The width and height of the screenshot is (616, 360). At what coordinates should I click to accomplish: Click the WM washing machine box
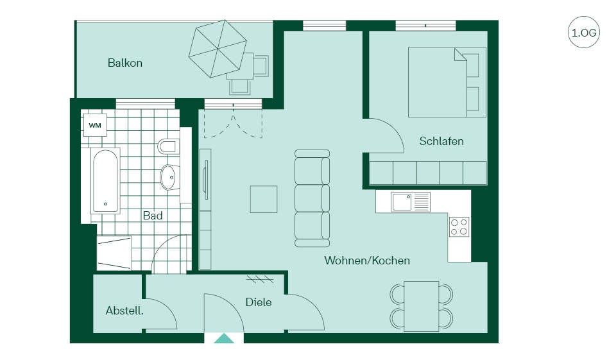(x=95, y=125)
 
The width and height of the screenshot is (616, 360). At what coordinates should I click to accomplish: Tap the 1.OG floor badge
(x=584, y=32)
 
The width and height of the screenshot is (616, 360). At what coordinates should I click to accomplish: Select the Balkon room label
(x=125, y=63)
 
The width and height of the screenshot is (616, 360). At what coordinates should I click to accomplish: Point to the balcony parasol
(x=218, y=49)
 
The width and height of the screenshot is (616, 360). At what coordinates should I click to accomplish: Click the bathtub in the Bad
(x=105, y=181)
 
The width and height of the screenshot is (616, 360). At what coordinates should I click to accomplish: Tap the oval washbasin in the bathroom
(x=169, y=177)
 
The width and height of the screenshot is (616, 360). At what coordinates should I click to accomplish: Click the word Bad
(x=153, y=216)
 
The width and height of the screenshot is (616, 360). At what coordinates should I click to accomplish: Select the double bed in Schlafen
(x=447, y=82)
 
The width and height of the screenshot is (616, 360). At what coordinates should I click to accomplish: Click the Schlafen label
(x=441, y=141)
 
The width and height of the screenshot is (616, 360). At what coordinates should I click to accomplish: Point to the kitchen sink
(x=411, y=202)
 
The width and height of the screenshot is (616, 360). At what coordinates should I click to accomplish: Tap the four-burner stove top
(x=459, y=227)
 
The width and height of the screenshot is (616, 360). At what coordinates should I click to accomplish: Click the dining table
(x=422, y=306)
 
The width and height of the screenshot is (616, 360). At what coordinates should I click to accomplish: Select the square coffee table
(x=264, y=200)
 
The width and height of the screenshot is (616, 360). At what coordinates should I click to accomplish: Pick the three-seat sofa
(x=312, y=198)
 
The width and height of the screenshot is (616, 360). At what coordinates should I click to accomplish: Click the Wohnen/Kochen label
(x=367, y=261)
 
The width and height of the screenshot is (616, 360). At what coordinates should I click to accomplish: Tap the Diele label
(x=259, y=302)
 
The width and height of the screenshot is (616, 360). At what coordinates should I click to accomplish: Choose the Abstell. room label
(x=124, y=311)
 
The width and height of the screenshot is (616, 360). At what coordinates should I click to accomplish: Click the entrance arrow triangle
(x=224, y=338)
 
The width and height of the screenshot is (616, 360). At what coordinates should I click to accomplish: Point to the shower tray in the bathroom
(x=114, y=253)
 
